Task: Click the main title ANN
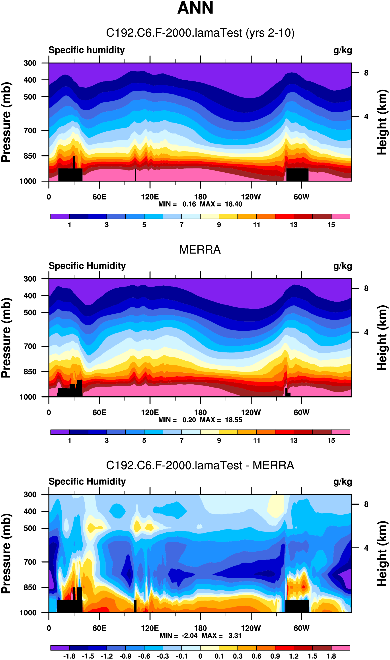click(195, 8)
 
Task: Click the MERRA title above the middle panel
click(200, 249)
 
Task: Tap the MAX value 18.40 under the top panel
click(233, 204)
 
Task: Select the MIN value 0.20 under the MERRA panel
click(189, 420)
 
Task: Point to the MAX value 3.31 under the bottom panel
click(235, 636)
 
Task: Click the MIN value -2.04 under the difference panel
click(189, 636)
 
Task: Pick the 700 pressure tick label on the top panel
click(30, 130)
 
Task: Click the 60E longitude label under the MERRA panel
click(99, 412)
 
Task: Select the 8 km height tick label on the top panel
click(366, 73)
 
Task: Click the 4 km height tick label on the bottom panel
click(366, 548)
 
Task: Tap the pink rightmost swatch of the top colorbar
click(340, 216)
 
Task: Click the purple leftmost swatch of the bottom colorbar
click(60, 648)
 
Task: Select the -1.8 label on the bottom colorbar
click(69, 656)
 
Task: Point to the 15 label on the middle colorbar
click(331, 441)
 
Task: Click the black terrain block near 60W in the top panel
click(297, 174)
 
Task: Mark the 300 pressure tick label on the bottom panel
click(30, 494)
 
